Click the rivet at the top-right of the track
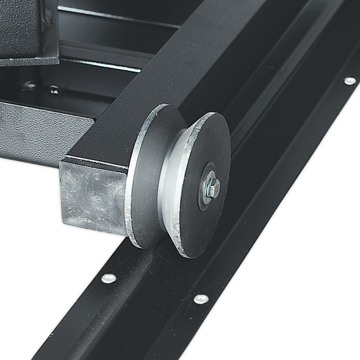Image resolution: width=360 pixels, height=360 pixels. pos(350,81)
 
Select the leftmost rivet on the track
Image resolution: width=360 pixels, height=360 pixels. pos(109,278)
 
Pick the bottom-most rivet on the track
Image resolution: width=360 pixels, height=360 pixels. pos(200,299)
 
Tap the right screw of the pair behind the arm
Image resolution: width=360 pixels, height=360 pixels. pos(54,90)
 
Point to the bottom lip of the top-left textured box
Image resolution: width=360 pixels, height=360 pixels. pos(27,60)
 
